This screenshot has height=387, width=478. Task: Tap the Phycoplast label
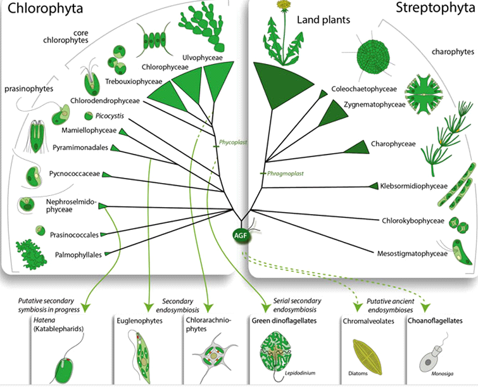coord(233,143)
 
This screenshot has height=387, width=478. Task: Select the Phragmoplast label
coord(282,172)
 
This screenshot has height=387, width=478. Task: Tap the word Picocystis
coord(109,115)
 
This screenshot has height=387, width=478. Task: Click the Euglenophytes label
coord(140,321)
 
